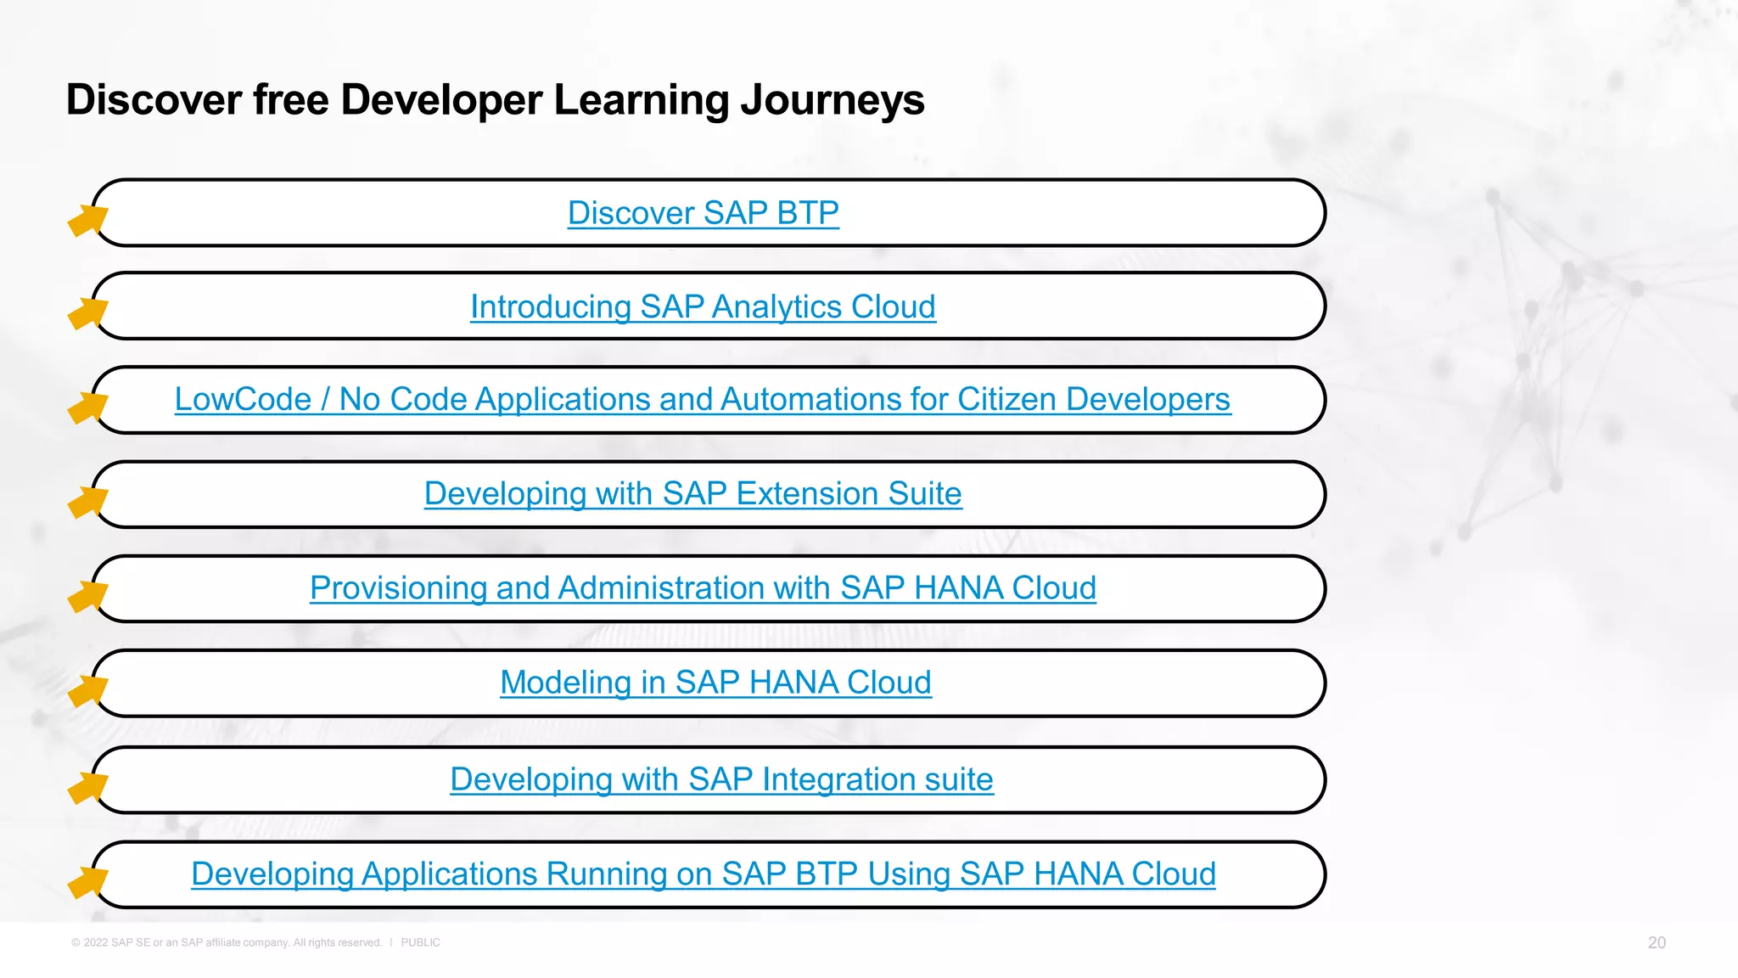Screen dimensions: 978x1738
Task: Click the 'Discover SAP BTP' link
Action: [x=703, y=213]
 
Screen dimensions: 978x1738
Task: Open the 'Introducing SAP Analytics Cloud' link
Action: [x=703, y=306]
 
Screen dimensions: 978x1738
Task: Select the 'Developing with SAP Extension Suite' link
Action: [x=692, y=493]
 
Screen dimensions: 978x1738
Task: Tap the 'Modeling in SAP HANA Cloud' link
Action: [x=715, y=683]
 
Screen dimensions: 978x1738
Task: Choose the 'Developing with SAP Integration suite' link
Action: [x=721, y=779]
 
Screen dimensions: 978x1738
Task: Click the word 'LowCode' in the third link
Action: [x=243, y=400]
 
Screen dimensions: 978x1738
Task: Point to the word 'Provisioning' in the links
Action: [x=398, y=588]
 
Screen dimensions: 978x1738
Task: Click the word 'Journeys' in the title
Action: [x=832, y=100]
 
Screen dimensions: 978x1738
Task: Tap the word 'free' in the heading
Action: [x=291, y=100]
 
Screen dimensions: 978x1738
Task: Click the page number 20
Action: [x=1657, y=942]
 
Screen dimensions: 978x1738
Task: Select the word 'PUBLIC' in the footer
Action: [x=420, y=942]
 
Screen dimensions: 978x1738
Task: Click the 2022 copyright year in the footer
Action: [x=95, y=942]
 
